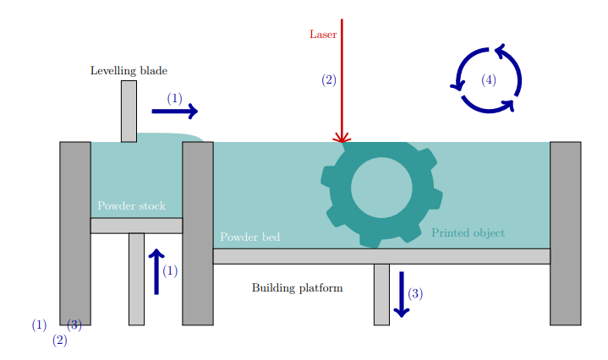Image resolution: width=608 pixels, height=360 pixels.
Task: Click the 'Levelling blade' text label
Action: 129,71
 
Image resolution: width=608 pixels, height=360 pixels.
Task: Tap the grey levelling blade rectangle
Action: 129,111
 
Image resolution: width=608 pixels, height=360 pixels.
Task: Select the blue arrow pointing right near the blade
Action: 174,111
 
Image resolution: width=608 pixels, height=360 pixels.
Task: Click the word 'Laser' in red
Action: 323,35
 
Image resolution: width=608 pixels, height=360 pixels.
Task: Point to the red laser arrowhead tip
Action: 342,141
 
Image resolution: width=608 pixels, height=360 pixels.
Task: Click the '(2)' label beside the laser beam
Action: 329,80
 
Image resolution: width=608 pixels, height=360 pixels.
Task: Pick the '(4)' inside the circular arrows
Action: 488,79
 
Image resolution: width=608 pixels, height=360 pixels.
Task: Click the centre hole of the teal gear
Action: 381,187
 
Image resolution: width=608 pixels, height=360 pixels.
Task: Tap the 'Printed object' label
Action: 468,232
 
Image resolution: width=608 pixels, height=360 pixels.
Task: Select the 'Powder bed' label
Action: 249,237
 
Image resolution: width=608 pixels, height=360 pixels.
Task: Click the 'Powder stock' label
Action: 131,206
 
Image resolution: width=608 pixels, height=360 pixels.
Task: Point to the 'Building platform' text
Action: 297,288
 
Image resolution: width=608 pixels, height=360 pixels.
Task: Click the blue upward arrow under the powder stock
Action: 156,271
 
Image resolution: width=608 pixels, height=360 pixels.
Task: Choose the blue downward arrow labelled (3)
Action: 402,293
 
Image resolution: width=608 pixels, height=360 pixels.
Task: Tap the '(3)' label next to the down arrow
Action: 415,293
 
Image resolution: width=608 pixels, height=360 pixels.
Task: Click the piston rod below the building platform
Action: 381,293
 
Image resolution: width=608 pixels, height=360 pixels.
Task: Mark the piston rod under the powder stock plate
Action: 136,278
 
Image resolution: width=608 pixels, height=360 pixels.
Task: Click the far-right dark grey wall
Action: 565,232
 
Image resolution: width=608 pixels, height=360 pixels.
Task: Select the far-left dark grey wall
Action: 74,232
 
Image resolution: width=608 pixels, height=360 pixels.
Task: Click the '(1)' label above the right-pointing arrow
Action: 174,98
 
